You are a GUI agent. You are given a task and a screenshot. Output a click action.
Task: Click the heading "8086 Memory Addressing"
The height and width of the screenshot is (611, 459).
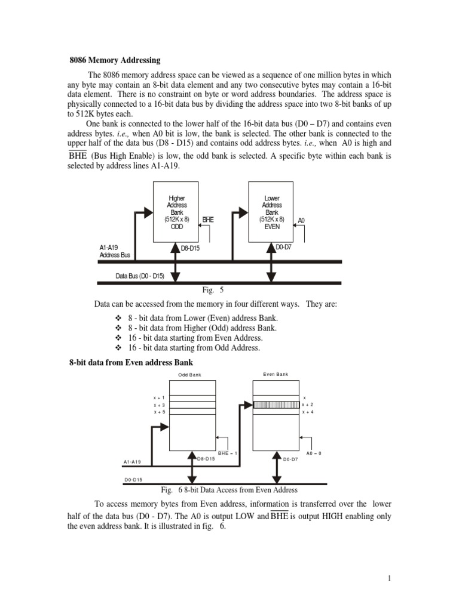tap(115, 60)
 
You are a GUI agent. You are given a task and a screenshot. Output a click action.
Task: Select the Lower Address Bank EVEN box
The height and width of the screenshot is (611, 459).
tap(271, 212)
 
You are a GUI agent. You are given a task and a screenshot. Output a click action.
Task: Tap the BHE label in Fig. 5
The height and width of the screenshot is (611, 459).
tap(208, 220)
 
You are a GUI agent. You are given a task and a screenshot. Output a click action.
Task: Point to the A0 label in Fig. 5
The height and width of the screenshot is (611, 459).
tap(302, 220)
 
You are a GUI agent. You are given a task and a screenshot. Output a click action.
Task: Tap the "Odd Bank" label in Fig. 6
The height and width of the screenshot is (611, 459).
tap(190, 375)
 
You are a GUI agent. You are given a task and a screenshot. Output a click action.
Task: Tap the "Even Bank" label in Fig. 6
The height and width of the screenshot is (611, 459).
tap(276, 374)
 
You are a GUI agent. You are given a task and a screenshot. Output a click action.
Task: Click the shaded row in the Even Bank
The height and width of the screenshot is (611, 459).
tap(276, 405)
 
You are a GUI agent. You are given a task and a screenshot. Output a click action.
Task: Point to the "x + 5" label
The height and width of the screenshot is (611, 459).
tap(160, 412)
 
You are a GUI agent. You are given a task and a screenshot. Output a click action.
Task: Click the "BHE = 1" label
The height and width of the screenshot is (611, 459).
tap(228, 453)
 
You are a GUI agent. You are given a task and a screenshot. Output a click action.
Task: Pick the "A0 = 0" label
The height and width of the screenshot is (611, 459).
tap(314, 453)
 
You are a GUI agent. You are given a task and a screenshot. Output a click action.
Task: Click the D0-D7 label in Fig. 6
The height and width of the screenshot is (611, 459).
tap(290, 459)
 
